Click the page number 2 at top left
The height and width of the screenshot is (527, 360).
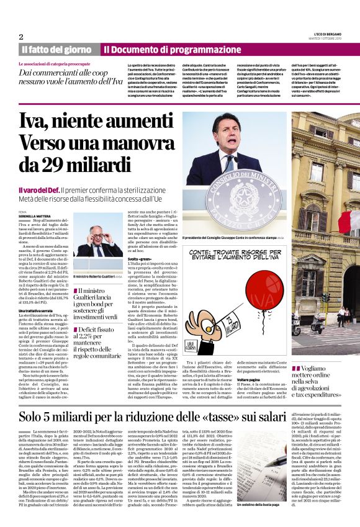21,37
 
